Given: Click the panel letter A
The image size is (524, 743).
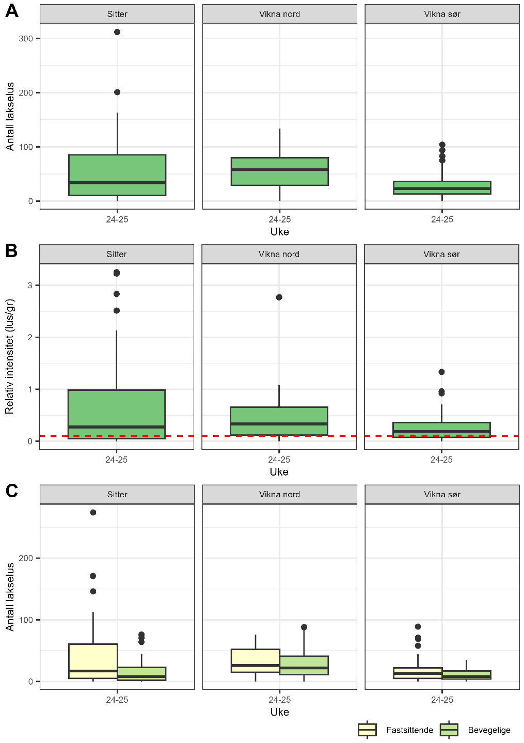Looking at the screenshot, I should pos(11,11).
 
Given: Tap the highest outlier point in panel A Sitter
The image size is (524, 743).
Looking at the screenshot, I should pos(117,32).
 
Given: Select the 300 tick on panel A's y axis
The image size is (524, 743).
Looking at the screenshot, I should pos(26,39).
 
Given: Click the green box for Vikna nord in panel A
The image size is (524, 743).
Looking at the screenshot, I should pos(279,171).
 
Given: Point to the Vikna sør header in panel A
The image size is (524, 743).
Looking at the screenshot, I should pos(442,14).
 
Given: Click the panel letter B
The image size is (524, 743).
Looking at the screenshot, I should pos(11,251).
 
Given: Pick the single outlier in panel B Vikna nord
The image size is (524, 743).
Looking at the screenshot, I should pos(279,297).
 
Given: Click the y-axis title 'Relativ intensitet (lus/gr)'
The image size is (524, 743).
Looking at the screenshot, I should pos(9,356).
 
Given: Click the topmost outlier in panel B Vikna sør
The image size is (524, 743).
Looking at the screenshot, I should pos(441,372).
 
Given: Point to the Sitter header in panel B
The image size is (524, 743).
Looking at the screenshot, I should pos(117,255).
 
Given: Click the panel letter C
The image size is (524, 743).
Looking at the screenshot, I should pos(11,491).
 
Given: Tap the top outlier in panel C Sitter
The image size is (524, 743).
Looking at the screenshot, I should pos(93,513).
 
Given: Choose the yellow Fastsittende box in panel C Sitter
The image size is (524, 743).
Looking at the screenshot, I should pos(93,661).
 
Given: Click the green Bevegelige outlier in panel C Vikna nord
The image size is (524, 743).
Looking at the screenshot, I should pos(304,627).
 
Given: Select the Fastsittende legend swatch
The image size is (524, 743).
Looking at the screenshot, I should pos(367,730).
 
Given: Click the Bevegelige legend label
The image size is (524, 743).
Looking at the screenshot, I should pos(489,730).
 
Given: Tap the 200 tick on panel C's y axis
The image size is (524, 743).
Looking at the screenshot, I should pos(26,558).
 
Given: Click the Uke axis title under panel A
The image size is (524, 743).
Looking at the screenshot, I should pos(279,232).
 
